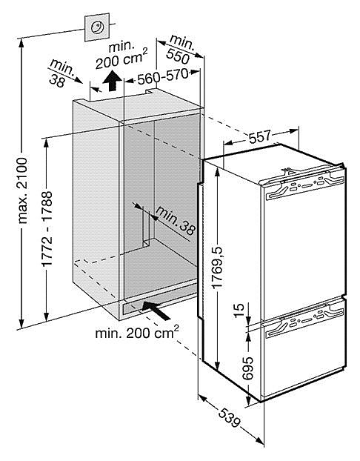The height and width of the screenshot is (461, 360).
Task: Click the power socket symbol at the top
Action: [97, 27]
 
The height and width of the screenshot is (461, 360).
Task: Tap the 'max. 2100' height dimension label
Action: [23, 190]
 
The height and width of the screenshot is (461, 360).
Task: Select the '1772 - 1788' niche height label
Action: [47, 229]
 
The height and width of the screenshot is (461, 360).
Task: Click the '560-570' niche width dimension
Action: [162, 76]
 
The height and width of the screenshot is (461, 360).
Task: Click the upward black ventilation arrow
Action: [112, 81]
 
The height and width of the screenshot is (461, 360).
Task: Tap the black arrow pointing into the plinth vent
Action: [156, 311]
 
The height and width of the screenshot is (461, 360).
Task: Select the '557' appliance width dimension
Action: [259, 136]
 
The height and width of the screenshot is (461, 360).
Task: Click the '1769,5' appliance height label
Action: [218, 268]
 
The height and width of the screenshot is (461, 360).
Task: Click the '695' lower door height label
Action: [247, 368]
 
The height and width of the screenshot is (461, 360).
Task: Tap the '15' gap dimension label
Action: [239, 307]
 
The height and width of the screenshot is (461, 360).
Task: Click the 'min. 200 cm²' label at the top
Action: [121, 55]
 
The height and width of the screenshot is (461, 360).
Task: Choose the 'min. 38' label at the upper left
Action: [61, 73]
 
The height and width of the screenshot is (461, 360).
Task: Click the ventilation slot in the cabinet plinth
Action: [130, 309]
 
